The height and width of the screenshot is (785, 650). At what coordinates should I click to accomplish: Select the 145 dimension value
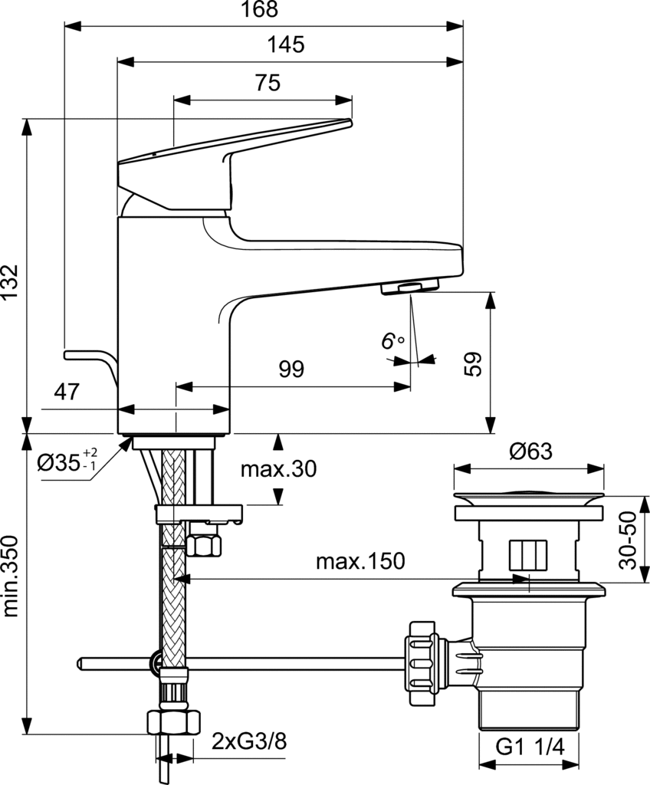pyautogui.click(x=286, y=44)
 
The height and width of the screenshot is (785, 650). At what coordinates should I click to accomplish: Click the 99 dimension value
pyautogui.click(x=291, y=370)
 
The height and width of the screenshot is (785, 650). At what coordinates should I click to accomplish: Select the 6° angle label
pyautogui.click(x=392, y=340)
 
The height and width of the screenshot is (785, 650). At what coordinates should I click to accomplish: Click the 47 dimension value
pyautogui.click(x=67, y=392)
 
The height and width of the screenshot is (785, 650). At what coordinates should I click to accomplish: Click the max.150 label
pyautogui.click(x=359, y=562)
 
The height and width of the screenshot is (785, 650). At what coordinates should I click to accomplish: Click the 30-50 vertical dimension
pyautogui.click(x=629, y=541)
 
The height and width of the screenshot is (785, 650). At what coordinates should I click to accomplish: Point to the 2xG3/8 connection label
pyautogui.click(x=250, y=741)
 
